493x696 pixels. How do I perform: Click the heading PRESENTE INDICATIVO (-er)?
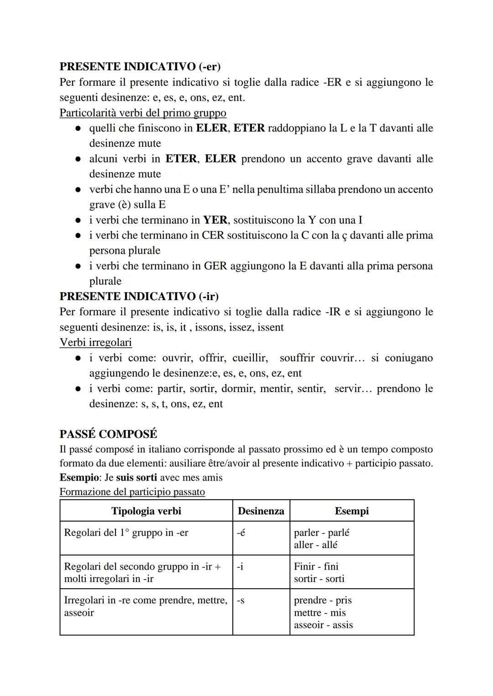point(140,67)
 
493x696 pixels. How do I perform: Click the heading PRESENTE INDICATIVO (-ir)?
point(139,296)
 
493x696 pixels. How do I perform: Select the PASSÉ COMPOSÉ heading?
point(108,434)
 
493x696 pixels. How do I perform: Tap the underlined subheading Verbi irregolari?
point(95,342)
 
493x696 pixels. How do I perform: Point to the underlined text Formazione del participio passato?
point(132,492)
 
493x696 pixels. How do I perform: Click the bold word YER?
point(215,220)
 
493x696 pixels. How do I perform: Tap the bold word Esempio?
point(79,477)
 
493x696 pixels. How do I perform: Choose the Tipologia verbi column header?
point(146,511)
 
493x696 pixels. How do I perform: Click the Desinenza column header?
point(261,511)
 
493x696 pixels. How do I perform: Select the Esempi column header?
point(351,511)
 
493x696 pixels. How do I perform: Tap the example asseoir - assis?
point(323,625)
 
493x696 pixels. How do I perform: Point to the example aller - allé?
point(315,545)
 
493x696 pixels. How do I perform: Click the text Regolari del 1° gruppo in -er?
point(126,533)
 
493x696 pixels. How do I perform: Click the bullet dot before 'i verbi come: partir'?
point(79,389)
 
